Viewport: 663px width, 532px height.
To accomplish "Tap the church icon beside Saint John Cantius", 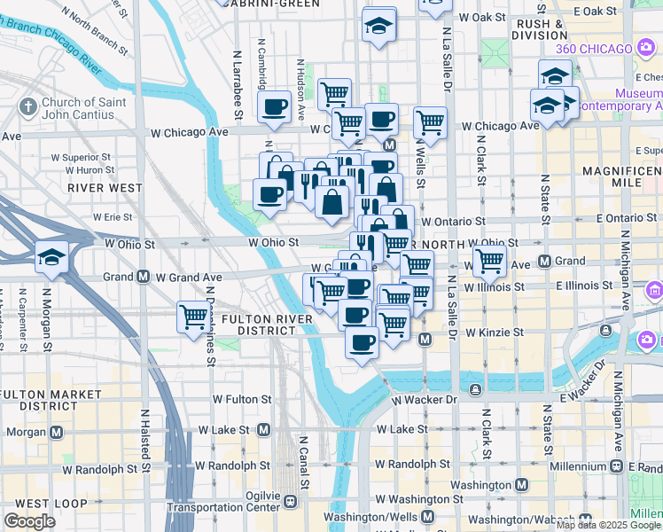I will click(x=27, y=108).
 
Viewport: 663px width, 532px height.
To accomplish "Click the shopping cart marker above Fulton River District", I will click(x=193, y=316).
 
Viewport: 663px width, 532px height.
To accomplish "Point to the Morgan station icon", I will click(x=57, y=432).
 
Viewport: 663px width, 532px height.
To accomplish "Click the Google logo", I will click(x=29, y=521).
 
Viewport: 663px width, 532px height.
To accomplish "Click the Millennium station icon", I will click(x=615, y=466).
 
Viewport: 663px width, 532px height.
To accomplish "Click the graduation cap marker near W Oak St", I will click(x=379, y=26).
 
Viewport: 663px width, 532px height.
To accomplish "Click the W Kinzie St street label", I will click(x=491, y=332).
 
